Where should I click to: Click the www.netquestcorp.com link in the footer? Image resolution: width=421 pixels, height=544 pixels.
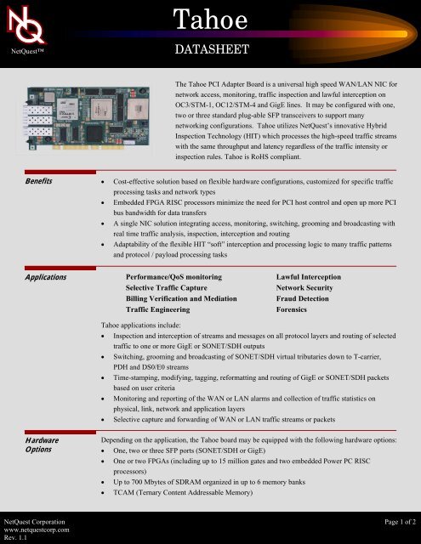42,526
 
